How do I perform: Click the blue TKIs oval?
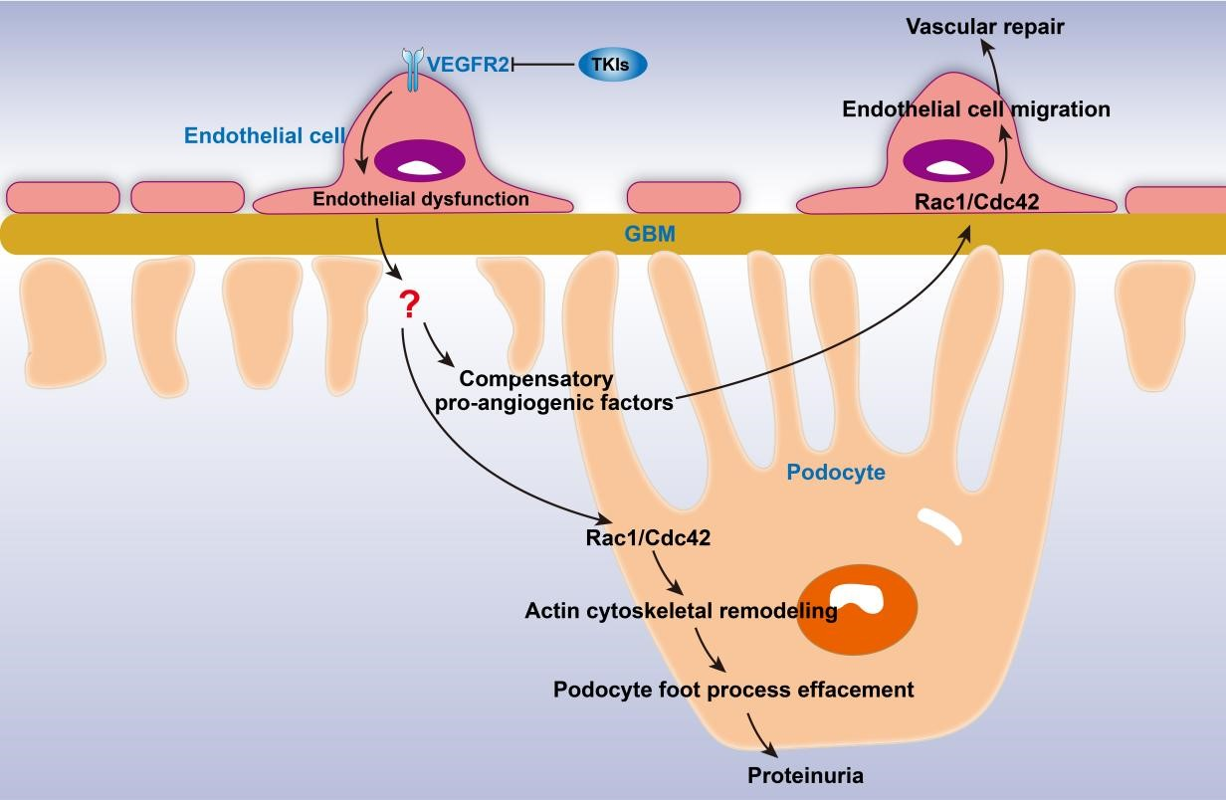(x=612, y=65)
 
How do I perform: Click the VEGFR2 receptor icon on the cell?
(x=411, y=70)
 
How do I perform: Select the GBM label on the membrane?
(x=650, y=235)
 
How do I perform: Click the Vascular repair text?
(x=985, y=27)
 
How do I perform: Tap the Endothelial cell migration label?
(x=976, y=109)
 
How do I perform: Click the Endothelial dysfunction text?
(x=421, y=199)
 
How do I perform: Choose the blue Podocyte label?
(x=836, y=473)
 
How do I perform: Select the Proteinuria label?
(x=805, y=776)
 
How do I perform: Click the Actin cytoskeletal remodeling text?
(x=681, y=611)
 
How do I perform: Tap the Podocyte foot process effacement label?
(x=733, y=690)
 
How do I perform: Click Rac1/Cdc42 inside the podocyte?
(x=648, y=538)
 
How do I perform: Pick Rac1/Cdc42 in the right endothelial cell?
(x=976, y=202)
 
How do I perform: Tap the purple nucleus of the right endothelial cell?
(x=947, y=160)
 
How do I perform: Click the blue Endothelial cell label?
(x=265, y=136)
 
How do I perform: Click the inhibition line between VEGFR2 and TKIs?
(x=545, y=66)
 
